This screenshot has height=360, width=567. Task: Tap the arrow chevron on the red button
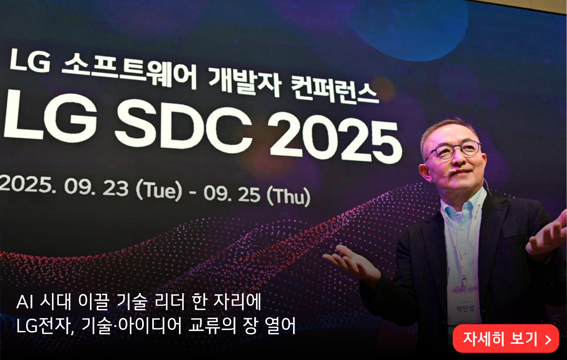(x=548, y=339)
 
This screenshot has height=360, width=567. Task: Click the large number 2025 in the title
(x=335, y=138)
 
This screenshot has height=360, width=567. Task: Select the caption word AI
(x=25, y=302)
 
